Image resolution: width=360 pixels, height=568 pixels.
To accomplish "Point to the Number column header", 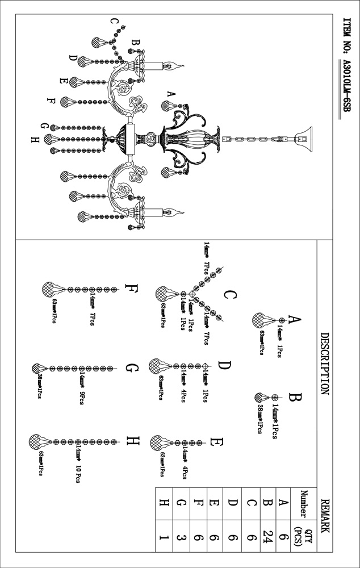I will (x=304, y=503).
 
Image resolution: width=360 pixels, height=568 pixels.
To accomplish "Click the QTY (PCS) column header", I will (x=304, y=534).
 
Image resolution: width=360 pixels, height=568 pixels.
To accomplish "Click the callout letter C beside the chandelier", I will (x=114, y=22).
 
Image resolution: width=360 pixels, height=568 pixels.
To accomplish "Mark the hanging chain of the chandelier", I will (x=250, y=137).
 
